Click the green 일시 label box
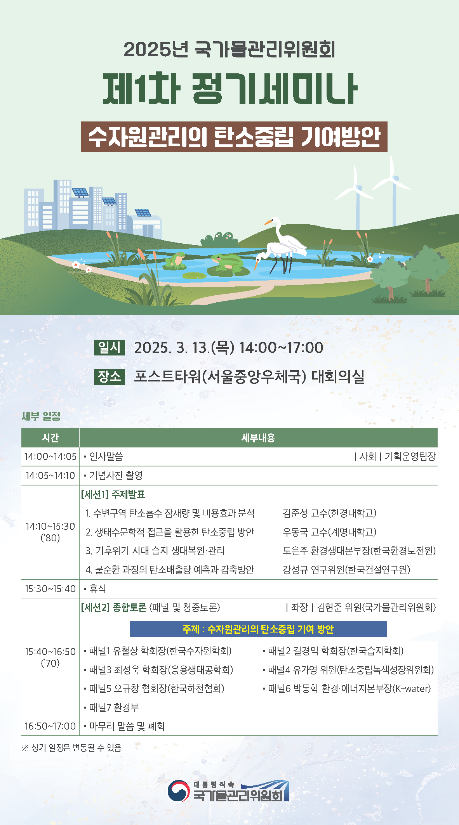click(x=110, y=347)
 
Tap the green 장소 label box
click(x=110, y=376)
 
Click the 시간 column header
click(x=50, y=438)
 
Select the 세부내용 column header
click(x=258, y=438)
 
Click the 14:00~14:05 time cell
click(x=50, y=456)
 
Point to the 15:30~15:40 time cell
click(x=50, y=589)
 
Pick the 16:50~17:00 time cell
click(x=50, y=726)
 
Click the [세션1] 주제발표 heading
click(x=113, y=494)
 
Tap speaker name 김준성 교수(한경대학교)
click(x=330, y=513)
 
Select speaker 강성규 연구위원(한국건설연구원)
click(x=346, y=570)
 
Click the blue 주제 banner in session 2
click(x=258, y=629)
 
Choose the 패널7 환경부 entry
click(x=111, y=707)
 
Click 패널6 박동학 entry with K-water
click(x=347, y=688)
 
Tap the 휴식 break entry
click(x=95, y=589)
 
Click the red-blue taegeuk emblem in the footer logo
click(x=179, y=791)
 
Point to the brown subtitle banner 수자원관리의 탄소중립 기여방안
click(x=234, y=137)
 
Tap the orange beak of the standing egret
click(x=268, y=222)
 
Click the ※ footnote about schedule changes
click(x=72, y=747)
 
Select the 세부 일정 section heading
click(x=41, y=416)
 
